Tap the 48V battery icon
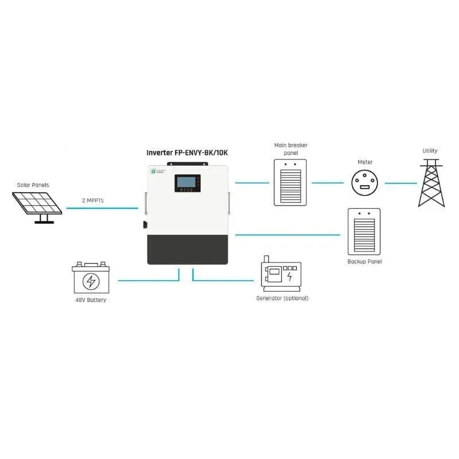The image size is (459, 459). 90,278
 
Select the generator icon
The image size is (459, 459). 281,273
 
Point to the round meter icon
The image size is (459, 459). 365,183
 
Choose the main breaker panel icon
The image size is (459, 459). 290,182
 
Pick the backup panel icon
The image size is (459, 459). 364,231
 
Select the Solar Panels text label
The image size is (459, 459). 33,185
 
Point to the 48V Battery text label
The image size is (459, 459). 90,300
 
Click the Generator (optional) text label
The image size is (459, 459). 282,298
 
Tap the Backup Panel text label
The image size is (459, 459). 364,262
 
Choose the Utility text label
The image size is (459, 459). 430,151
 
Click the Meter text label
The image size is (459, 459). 365,162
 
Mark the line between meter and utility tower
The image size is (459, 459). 400,184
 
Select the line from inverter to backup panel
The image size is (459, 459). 287,235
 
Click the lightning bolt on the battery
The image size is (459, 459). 90,281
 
